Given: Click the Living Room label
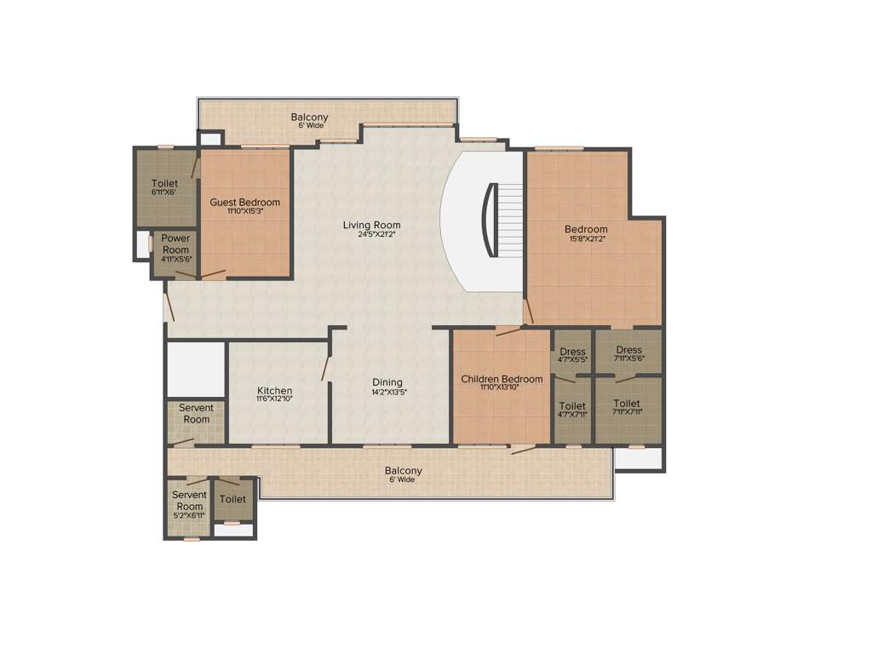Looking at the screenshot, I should tap(371, 225).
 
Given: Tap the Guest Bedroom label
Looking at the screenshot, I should tap(245, 202).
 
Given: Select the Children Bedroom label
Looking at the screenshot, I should tap(502, 379).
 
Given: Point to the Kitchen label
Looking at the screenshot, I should tap(275, 391).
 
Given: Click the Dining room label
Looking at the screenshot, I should tap(387, 382).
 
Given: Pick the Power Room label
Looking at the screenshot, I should tap(175, 244).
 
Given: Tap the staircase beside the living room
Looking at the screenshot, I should tap(506, 220).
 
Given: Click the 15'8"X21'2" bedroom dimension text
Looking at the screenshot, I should tap(586, 239).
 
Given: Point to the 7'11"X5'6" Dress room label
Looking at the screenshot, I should tap(628, 350).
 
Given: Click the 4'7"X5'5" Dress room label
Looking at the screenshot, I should tap(572, 352).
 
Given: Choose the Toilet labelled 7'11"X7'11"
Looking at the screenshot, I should tap(627, 404).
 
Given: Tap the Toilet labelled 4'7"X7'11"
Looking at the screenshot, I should tap(572, 406).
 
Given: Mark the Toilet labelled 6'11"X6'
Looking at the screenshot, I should tap(164, 183).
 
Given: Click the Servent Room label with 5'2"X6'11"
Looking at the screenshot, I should tap(189, 500).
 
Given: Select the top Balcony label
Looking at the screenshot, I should tap(309, 118).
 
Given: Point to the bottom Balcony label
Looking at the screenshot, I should tap(403, 471).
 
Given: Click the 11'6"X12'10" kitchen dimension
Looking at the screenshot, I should tap(275, 399).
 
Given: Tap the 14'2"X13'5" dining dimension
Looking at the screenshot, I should tap(387, 393).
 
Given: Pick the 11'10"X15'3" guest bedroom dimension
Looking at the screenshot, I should tap(245, 211).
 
